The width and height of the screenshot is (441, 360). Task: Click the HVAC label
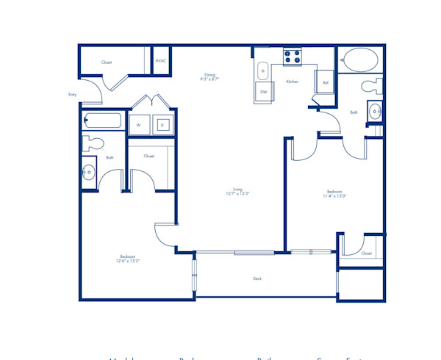coord(160,60)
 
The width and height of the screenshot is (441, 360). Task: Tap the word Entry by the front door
coord(72,95)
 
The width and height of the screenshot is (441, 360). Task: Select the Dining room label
coord(210,76)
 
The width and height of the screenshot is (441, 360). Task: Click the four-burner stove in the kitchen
coord(292,56)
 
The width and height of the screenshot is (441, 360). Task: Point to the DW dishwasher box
coord(263,92)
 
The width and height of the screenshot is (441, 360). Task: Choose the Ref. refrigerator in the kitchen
coord(326,82)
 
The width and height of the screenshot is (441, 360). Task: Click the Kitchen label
coord(292,82)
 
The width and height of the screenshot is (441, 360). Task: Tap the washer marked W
coord(138,125)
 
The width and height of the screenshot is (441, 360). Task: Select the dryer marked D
coord(162,125)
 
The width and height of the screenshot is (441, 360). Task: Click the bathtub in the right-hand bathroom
coord(359,60)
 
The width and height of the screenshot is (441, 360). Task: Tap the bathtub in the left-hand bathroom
coord(103,121)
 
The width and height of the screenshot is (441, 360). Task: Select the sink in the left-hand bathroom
coord(89,173)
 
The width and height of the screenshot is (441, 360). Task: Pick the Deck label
coord(257,278)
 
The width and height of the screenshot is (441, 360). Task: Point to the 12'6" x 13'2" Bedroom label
coord(127,259)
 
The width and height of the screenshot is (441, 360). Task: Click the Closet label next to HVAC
coord(107,62)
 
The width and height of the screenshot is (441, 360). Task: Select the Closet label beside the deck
coord(366,253)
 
